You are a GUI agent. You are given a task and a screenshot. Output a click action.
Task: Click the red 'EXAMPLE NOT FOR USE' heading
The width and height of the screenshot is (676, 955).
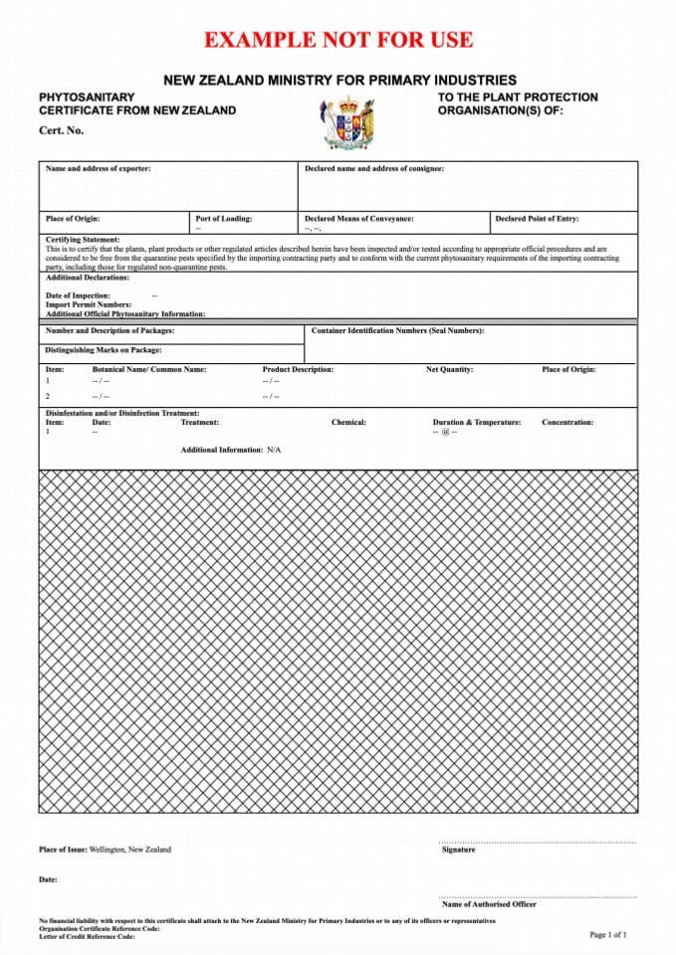tap(338, 41)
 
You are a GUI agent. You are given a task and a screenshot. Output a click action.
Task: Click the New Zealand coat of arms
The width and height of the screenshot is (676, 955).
tap(348, 121)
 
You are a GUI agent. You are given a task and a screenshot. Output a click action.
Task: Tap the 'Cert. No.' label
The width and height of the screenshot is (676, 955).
tap(61, 130)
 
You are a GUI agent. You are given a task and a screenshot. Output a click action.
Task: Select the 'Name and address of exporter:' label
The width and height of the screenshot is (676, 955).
tap(98, 169)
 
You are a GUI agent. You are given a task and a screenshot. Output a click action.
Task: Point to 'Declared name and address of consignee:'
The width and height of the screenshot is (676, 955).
tap(373, 169)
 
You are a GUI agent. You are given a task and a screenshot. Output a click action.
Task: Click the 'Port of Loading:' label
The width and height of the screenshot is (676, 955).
tap(224, 219)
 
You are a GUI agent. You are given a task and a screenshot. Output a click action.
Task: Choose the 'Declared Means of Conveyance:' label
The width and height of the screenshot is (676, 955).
tap(358, 219)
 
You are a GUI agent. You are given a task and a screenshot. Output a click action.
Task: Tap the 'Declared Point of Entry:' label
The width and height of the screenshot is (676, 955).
tap(536, 219)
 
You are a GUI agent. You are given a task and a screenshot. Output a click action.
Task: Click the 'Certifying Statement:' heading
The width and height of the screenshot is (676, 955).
tap(83, 240)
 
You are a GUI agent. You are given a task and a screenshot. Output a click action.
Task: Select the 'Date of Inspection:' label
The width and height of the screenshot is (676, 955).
tap(78, 296)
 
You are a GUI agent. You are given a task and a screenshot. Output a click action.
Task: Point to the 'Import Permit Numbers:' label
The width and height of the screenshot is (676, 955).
tap(88, 304)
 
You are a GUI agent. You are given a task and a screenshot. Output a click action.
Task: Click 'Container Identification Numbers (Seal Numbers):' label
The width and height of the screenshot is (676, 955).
tap(397, 330)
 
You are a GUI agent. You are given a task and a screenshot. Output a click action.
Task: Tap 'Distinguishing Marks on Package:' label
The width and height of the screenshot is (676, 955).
tap(104, 350)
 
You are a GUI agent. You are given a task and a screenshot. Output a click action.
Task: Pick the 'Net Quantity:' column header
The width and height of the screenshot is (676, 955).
tap(449, 370)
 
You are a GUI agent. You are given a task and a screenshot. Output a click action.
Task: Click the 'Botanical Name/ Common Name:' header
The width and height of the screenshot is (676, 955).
tap(149, 370)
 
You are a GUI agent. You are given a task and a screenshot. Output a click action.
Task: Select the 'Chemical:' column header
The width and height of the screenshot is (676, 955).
tap(348, 423)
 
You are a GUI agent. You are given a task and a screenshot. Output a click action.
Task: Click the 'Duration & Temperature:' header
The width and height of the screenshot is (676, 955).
tap(476, 423)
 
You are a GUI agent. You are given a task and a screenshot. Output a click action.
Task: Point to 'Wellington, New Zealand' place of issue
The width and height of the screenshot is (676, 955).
tap(129, 850)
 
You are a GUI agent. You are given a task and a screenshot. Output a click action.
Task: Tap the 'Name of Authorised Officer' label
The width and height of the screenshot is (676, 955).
tap(488, 904)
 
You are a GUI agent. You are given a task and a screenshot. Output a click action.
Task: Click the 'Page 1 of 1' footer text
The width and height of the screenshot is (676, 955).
tap(608, 935)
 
